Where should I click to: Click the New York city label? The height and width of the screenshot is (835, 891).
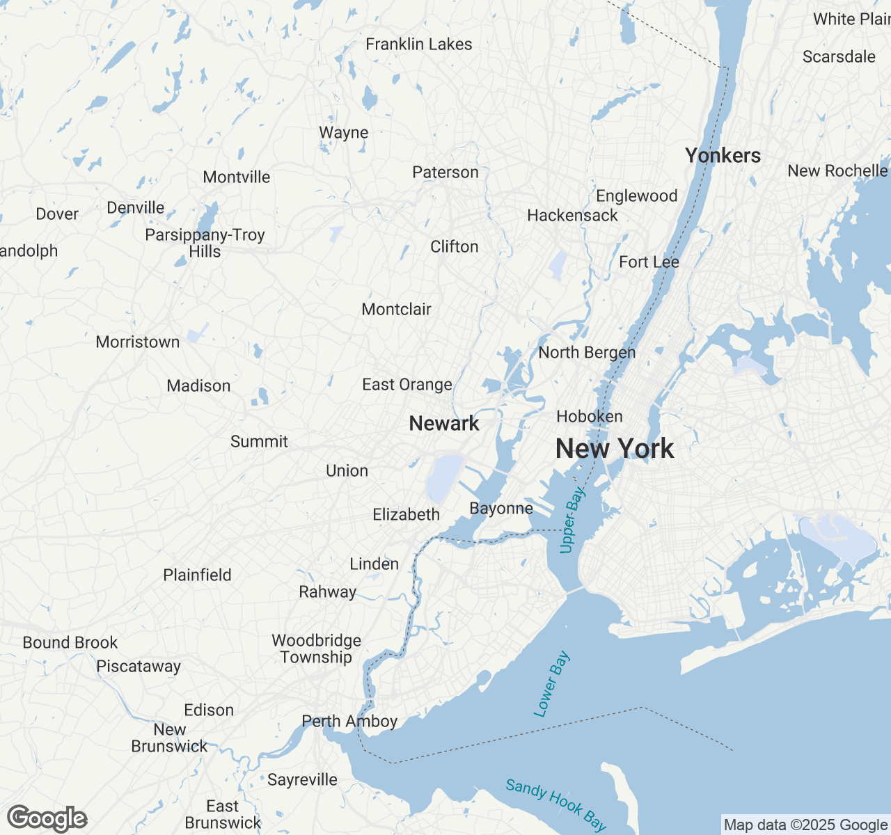(615, 449)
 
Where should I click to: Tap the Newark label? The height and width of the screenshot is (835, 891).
(444, 423)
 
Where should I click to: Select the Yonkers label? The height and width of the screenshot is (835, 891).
(723, 155)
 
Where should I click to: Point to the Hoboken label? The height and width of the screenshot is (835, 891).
(590, 416)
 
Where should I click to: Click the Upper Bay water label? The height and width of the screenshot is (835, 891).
(573, 520)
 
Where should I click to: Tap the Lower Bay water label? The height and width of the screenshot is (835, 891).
(551, 684)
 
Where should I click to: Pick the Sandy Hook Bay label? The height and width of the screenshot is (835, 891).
(555, 805)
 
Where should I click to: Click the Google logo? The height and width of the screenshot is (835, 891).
(47, 818)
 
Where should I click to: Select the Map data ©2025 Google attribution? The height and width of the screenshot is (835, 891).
(805, 825)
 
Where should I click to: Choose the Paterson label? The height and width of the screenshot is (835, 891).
(445, 172)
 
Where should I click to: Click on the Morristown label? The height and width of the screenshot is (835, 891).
(138, 342)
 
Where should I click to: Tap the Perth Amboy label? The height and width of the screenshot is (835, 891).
(349, 721)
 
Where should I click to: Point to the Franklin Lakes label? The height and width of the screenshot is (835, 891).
(419, 44)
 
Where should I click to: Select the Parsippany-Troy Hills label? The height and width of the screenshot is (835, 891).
(205, 243)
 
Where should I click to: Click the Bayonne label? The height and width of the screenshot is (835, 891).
(501, 508)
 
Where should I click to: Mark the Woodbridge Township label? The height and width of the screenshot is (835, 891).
(317, 649)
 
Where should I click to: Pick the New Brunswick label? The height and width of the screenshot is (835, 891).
(170, 738)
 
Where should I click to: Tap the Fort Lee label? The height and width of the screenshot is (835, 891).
(649, 262)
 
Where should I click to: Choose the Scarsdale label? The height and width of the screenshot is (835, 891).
(839, 56)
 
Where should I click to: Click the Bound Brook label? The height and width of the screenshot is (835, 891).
(70, 642)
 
